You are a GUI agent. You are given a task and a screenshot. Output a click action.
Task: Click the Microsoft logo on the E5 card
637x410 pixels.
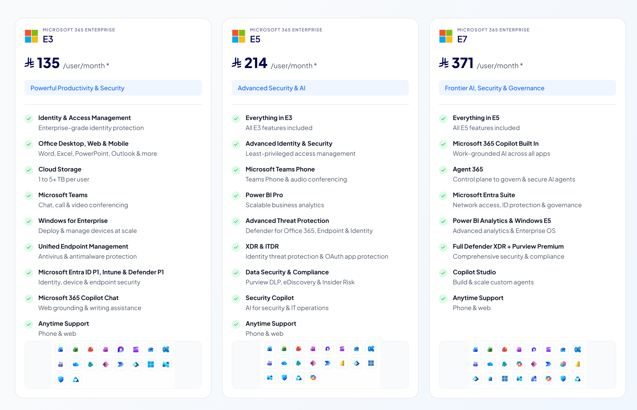coord(238,36)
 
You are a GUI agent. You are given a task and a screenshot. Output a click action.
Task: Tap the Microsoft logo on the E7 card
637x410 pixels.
coord(446,36)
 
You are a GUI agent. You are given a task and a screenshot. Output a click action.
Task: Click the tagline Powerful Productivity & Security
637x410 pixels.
coord(77,88)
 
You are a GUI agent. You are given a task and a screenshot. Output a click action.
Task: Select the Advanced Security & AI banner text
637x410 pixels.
coord(271,88)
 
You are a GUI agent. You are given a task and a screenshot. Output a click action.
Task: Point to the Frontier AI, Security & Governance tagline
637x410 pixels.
coord(495,88)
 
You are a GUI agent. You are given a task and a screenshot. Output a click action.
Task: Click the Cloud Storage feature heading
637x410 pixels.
coord(60,169)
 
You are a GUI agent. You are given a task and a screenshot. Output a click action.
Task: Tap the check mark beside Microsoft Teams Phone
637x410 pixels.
coord(236,170)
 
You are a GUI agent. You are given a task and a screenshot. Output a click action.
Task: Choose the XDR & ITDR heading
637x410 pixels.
coord(262,247)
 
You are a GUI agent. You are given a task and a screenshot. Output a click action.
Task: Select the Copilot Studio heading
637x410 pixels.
coord(474,272)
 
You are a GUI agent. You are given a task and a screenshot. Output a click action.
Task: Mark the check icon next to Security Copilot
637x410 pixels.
coord(236,298)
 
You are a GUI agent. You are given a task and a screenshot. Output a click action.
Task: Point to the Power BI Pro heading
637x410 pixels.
coord(264,195)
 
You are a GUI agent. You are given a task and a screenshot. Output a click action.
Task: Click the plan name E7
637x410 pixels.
coord(462,39)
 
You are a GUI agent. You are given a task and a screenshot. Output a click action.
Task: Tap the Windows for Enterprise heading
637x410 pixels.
coord(73,221)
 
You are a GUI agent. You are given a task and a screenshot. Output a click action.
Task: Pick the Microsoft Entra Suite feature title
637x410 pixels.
coord(484,195)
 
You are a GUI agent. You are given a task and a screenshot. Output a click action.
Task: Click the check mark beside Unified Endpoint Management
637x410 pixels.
coord(29,247)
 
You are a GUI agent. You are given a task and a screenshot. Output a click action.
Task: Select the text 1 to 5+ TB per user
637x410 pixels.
coord(64,179)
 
